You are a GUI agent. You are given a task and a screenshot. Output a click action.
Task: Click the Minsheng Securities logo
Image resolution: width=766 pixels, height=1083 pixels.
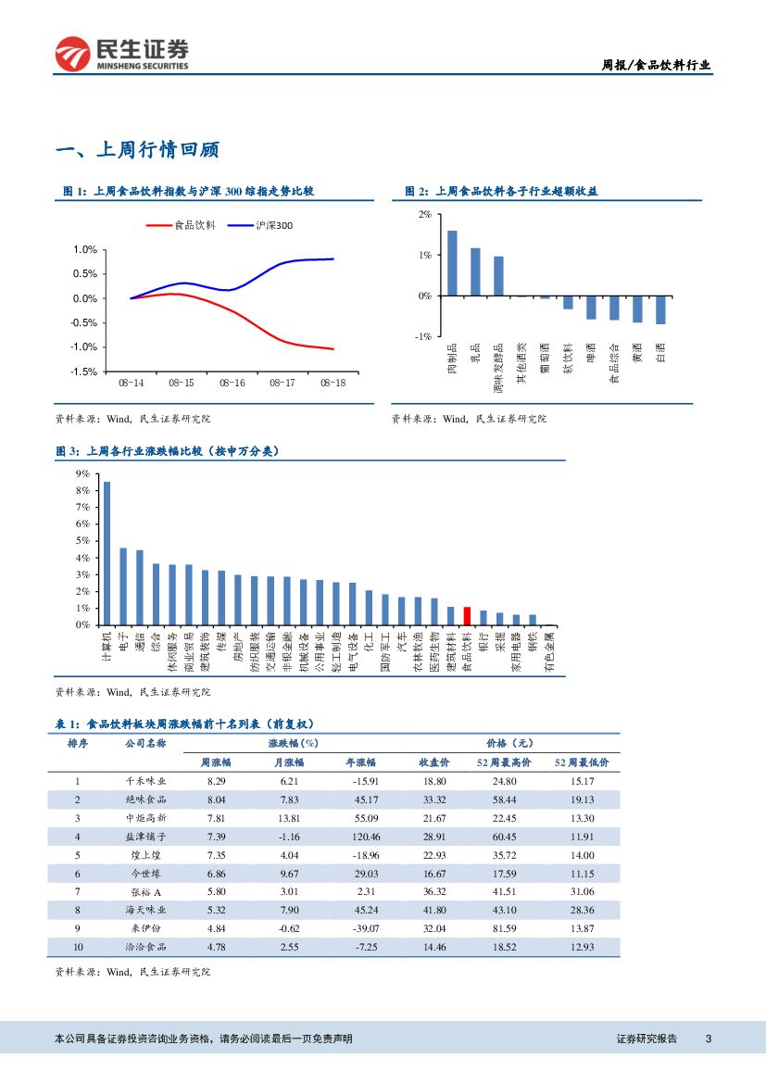tap(121, 54)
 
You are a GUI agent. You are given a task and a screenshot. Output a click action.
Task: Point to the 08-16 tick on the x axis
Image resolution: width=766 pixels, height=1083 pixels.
tap(232, 382)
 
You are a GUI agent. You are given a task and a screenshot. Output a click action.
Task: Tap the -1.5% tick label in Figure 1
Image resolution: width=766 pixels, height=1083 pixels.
tap(84, 371)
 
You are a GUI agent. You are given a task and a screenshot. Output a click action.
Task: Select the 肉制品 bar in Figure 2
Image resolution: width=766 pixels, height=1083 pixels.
tap(452, 263)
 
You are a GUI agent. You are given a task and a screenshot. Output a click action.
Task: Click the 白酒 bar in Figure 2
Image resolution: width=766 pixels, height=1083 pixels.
tap(660, 310)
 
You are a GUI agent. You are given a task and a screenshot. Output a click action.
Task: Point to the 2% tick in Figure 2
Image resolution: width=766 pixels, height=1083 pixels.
tap(424, 214)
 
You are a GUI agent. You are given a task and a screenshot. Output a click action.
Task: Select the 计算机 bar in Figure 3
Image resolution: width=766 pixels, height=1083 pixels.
tap(107, 553)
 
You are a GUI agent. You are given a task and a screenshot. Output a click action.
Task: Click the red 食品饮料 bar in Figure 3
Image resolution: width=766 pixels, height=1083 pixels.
tap(467, 616)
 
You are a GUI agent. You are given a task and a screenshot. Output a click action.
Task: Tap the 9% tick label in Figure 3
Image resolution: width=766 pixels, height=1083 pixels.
tap(82, 473)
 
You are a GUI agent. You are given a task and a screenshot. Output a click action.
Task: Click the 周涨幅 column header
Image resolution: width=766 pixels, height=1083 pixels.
tap(216, 762)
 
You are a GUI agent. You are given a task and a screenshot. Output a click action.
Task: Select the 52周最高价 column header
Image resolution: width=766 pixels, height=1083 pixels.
tap(504, 762)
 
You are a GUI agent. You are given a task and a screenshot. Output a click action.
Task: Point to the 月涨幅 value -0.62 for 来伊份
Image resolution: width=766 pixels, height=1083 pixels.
tap(288, 928)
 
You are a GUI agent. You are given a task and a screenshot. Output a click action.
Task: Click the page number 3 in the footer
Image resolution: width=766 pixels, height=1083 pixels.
tap(708, 1039)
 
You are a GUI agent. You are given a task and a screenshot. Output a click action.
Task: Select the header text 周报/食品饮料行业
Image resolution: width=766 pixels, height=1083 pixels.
tap(657, 65)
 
